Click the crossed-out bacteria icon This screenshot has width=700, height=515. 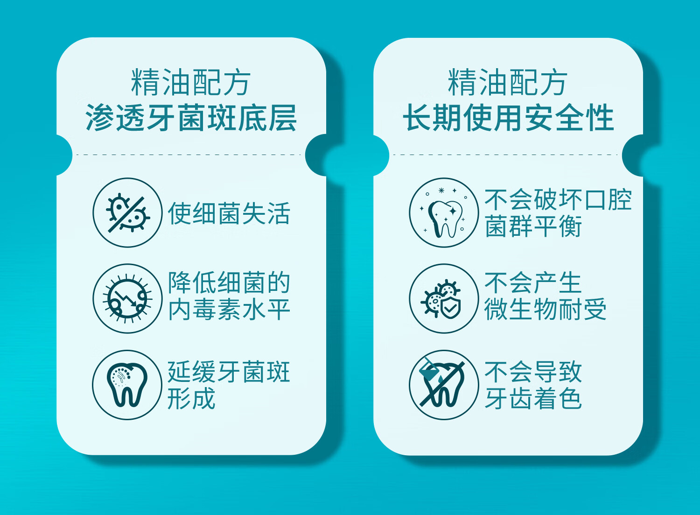click(x=127, y=212)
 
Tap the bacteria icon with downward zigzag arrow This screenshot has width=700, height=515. click(x=127, y=298)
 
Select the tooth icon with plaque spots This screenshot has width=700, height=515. click(x=127, y=385)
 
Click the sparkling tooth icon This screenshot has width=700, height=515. click(x=444, y=212)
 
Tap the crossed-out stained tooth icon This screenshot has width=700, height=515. click(x=444, y=385)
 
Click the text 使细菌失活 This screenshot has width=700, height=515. click(x=229, y=213)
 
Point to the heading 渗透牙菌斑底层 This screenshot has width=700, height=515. click(x=191, y=117)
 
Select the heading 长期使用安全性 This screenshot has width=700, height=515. click(x=509, y=117)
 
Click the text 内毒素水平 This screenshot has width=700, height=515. click(x=229, y=310)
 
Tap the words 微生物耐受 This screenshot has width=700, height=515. click(x=546, y=309)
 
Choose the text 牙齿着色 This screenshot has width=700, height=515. click(x=533, y=398)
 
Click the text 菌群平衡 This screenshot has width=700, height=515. click(x=533, y=226)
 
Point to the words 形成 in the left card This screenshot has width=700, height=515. click(x=191, y=398)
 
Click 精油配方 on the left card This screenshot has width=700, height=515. click(x=191, y=82)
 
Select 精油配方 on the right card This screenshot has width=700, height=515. click(x=508, y=82)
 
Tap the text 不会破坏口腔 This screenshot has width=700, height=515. click(x=558, y=199)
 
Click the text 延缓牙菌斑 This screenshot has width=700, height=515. click(x=229, y=372)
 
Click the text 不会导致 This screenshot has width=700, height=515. click(x=533, y=372)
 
